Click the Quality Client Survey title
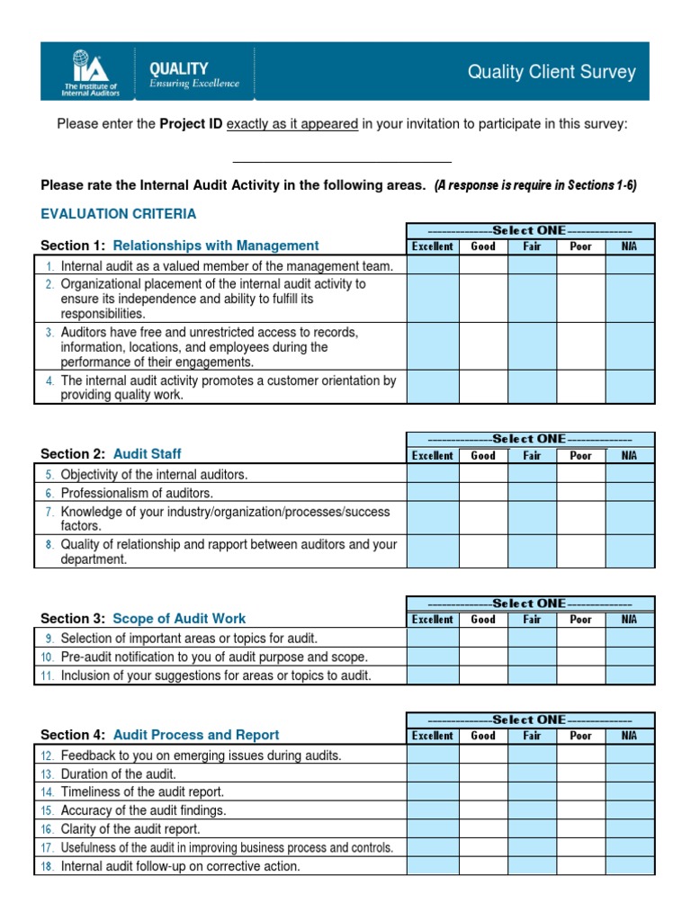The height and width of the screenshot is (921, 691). (552, 73)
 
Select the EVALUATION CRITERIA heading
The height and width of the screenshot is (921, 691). (119, 214)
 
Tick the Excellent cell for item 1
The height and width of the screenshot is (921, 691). (432, 265)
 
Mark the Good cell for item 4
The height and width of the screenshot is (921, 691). (483, 387)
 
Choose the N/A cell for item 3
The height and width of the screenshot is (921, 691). (630, 346)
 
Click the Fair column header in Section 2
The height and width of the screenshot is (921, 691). (532, 455)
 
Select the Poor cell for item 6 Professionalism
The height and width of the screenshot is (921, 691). (580, 493)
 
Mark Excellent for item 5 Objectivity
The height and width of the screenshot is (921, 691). (432, 474)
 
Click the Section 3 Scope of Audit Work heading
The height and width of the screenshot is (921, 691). (143, 619)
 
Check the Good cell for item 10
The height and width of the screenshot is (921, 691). (483, 657)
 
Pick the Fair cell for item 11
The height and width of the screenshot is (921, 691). (532, 675)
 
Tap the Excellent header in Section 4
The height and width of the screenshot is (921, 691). (432, 736)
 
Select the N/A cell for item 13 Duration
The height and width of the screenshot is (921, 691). (630, 773)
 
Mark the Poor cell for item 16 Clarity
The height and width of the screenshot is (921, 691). (580, 829)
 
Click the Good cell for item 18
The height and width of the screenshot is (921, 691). (483, 866)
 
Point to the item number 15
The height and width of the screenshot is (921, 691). (47, 811)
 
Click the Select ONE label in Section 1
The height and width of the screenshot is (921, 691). (530, 230)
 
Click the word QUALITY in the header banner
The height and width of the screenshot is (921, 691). (178, 68)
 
